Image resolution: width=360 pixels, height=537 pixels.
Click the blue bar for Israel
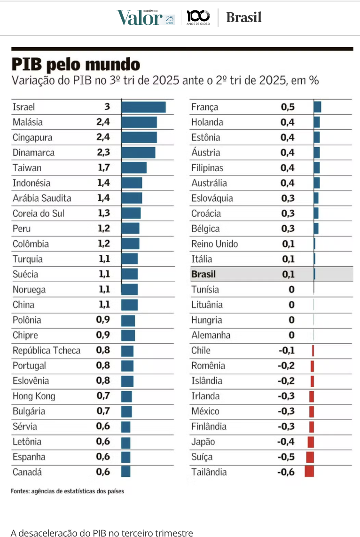[x=143, y=107]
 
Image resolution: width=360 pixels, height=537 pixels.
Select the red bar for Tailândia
[x=309, y=472]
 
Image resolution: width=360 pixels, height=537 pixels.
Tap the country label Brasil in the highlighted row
[x=203, y=274]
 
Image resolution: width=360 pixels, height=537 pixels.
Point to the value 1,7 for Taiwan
[x=103, y=168]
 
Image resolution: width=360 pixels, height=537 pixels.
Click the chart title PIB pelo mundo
[x=76, y=64]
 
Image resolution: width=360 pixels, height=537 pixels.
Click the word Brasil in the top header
[x=243, y=18]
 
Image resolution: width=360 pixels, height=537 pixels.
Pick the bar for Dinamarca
[x=138, y=153]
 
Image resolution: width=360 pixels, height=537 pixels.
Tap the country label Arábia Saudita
[x=42, y=198]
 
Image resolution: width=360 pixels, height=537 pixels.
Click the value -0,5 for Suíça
[x=286, y=457]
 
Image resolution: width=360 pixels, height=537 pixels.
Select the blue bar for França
[x=317, y=107]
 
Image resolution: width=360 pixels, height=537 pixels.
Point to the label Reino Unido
[x=214, y=244]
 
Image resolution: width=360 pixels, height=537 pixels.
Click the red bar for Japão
[x=311, y=442]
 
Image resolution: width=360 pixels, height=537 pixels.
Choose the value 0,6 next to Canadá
[x=103, y=472]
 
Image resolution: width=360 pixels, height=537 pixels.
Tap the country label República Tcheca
[x=46, y=350]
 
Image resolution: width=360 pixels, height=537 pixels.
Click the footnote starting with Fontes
[x=67, y=491]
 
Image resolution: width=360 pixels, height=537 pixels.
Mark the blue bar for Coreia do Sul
[x=131, y=213]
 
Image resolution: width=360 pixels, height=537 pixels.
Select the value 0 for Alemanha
[x=291, y=335]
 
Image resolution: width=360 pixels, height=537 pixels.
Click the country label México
[x=205, y=411]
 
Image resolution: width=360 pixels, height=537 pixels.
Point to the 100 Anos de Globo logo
[x=198, y=17]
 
